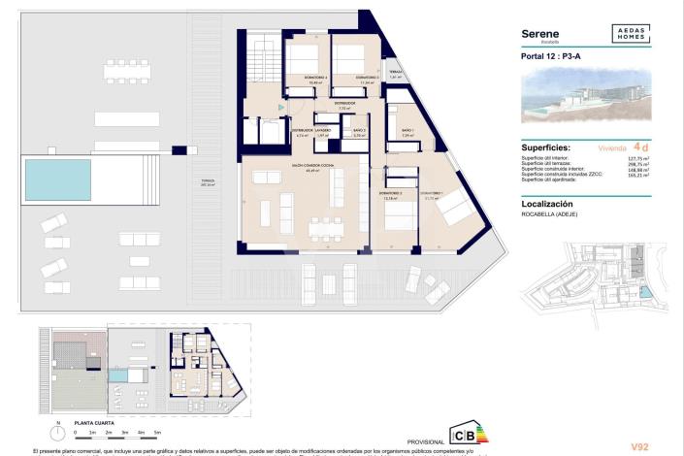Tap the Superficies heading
[x=546, y=147]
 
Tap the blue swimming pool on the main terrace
[x=57, y=178]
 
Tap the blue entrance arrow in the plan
[x=281, y=105]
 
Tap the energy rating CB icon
[x=465, y=434]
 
